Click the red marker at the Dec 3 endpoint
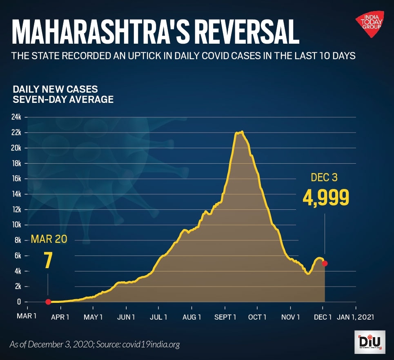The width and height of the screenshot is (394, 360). pyautogui.click(x=325, y=263)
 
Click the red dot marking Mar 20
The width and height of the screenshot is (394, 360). pyautogui.click(x=48, y=302)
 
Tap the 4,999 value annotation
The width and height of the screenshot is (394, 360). pyautogui.click(x=326, y=198)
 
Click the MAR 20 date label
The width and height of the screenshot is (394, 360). pyautogui.click(x=49, y=239)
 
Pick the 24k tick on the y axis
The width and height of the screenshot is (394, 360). pyautogui.click(x=16, y=117)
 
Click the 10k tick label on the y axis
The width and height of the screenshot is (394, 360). pyautogui.click(x=16, y=225)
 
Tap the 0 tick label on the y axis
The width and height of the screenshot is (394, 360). pyautogui.click(x=18, y=302)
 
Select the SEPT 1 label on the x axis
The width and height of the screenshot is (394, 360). pyautogui.click(x=225, y=317)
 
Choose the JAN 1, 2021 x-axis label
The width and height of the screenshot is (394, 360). pyautogui.click(x=355, y=317)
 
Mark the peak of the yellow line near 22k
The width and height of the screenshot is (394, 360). pyautogui.click(x=242, y=132)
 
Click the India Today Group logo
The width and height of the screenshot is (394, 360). pyautogui.click(x=369, y=25)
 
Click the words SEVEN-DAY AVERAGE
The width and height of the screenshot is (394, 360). pyautogui.click(x=63, y=99)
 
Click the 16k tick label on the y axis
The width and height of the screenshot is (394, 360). pyautogui.click(x=16, y=179)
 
